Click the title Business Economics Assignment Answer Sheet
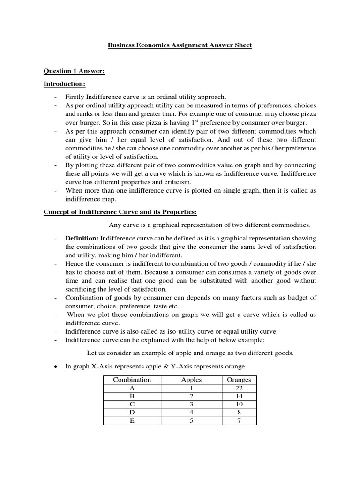(x=180, y=45)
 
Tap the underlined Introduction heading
(x=64, y=84)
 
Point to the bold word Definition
(x=82, y=238)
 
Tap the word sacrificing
(x=82, y=289)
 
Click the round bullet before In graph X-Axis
(x=56, y=366)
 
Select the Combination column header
(x=132, y=380)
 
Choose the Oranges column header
(x=239, y=380)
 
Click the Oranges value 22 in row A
(x=239, y=388)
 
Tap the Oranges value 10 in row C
(x=239, y=404)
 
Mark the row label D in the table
(x=132, y=412)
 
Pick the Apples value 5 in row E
(x=191, y=420)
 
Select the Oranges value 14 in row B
(x=239, y=396)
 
